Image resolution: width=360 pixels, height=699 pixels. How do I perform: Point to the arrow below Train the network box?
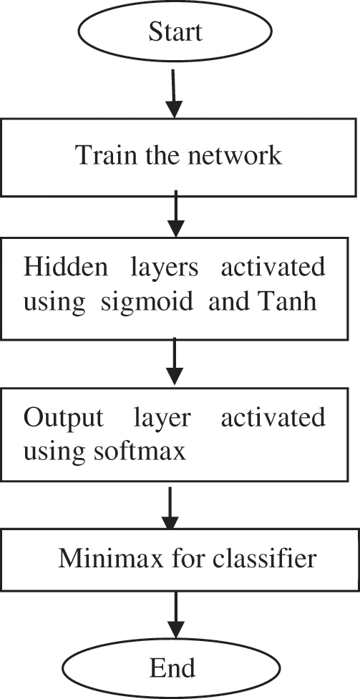pyautogui.click(x=175, y=217)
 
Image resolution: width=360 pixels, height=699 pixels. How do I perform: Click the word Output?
pyautogui.click(x=62, y=419)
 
